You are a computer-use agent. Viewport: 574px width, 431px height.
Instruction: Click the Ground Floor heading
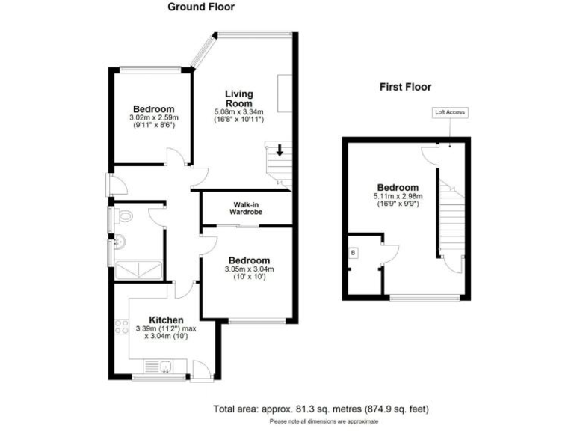(x=200, y=7)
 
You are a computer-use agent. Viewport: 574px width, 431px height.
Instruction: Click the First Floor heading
(x=405, y=88)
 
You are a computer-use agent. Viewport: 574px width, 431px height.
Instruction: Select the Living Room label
(x=239, y=99)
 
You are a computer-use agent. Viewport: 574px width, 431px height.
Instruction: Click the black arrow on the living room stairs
(x=280, y=150)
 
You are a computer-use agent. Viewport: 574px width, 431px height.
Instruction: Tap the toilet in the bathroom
(x=124, y=217)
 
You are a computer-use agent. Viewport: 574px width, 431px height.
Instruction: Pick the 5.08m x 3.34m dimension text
(x=239, y=112)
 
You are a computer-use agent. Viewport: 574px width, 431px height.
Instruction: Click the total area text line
(x=321, y=409)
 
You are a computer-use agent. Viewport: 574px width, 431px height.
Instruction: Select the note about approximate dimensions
(x=324, y=422)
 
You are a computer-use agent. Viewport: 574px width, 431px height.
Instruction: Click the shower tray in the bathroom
(x=136, y=269)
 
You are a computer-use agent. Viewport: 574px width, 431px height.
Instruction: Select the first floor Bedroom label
(x=398, y=187)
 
